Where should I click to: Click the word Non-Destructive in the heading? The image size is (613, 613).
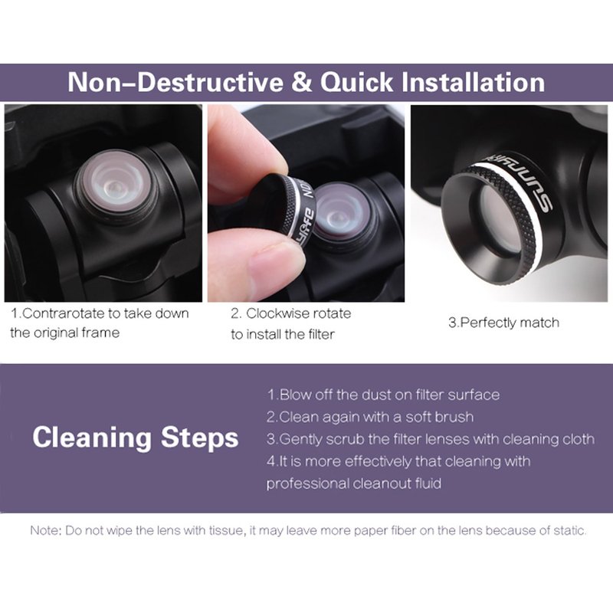click(x=175, y=82)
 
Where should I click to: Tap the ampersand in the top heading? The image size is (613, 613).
click(x=302, y=82)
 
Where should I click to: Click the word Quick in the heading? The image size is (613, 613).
click(x=356, y=83)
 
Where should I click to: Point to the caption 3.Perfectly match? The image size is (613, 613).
click(x=503, y=323)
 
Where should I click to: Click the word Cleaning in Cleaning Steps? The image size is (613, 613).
click(x=92, y=438)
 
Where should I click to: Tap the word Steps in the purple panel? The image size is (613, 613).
click(x=200, y=438)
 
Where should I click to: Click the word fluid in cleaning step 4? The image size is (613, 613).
click(x=428, y=484)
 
